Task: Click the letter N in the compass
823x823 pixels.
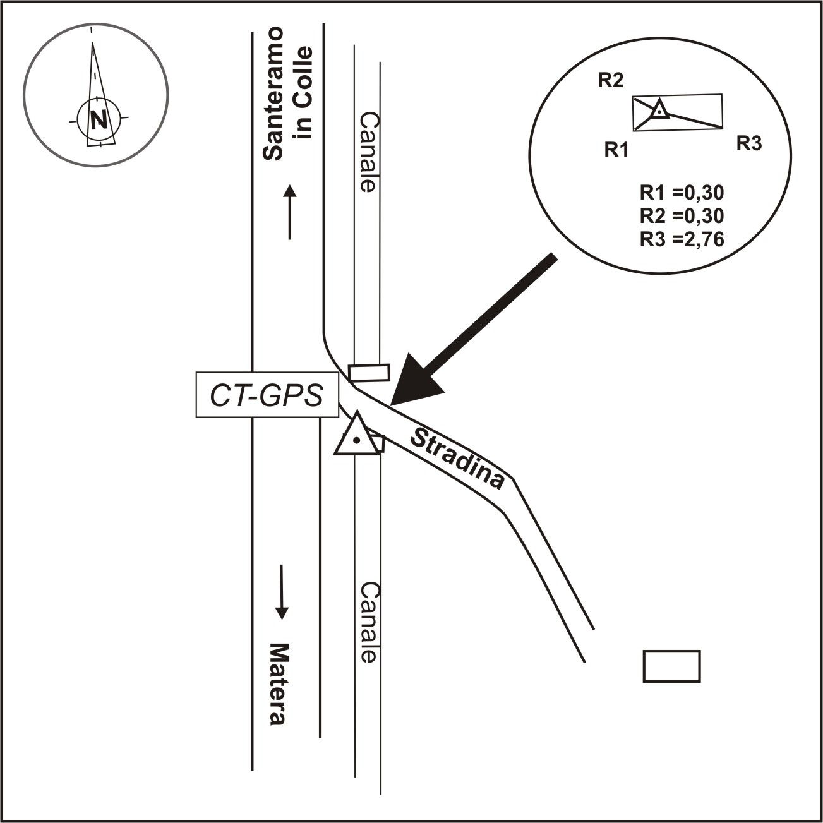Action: point(97,119)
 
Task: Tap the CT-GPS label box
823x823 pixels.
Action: point(267,395)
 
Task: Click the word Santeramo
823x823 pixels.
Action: point(273,94)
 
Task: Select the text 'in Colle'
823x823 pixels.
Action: point(304,93)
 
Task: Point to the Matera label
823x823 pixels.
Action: point(279,685)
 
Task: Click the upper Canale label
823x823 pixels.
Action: point(368,152)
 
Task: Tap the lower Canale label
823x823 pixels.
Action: point(368,622)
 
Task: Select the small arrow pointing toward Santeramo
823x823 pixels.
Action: point(289,212)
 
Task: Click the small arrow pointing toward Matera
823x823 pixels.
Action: point(282,591)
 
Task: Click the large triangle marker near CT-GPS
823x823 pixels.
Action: point(357,436)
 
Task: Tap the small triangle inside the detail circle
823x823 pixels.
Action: point(659,110)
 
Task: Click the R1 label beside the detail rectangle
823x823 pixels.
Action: point(616,150)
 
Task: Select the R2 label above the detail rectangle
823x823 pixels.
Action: point(611,81)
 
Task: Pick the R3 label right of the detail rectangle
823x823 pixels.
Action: point(749,144)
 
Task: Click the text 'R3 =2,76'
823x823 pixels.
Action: point(682,239)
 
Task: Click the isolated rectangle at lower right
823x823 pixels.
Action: point(671,666)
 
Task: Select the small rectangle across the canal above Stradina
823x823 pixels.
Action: point(369,372)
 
